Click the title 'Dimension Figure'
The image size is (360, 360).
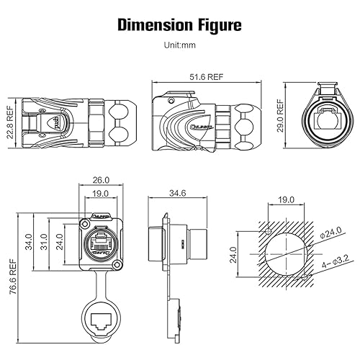tap(179, 27)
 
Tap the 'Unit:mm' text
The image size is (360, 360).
tap(179, 45)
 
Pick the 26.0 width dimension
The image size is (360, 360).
tap(102, 180)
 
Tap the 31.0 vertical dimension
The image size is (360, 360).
tap(44, 246)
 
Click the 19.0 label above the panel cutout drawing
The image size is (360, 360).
tap(287, 200)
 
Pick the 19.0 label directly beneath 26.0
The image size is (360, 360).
tap(102, 194)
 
